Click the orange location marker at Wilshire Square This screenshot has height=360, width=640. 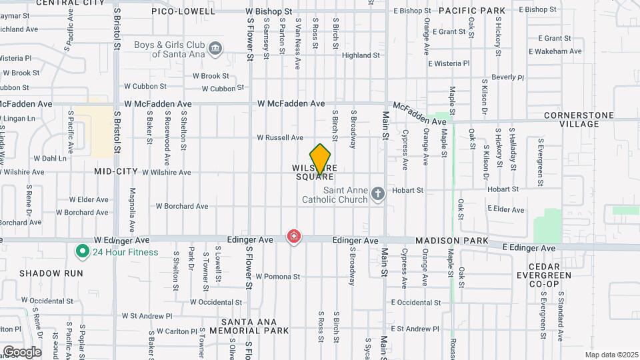pyautogui.click(x=321, y=160)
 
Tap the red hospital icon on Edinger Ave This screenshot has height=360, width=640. pyautogui.click(x=293, y=237)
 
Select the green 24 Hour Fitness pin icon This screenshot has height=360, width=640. pyautogui.click(x=83, y=252)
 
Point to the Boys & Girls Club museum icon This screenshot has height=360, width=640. pyautogui.click(x=215, y=49)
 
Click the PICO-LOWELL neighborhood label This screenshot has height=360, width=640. pyautogui.click(x=183, y=11)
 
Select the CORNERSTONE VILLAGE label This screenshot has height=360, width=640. pyautogui.click(x=579, y=119)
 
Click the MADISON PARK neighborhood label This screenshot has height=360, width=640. pyautogui.click(x=452, y=241)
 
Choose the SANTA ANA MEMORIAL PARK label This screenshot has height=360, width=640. pyautogui.click(x=249, y=325)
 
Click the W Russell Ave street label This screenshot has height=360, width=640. pyautogui.click(x=281, y=138)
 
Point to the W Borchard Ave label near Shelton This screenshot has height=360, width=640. pyautogui.click(x=182, y=207)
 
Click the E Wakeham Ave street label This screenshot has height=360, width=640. pyautogui.click(x=555, y=51)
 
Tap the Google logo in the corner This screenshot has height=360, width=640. pyautogui.click(x=22, y=352)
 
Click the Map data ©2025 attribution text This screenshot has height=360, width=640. pyautogui.click(x=611, y=355)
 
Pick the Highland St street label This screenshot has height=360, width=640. pyautogui.click(x=361, y=55)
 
